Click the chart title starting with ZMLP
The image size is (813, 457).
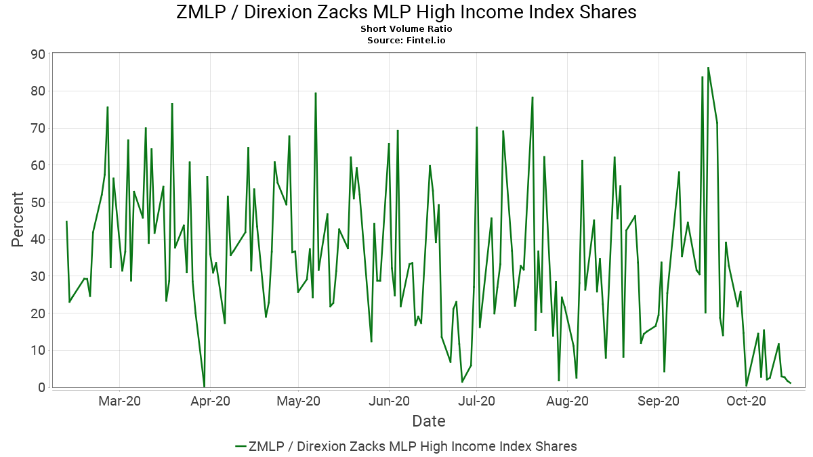(x=406, y=12)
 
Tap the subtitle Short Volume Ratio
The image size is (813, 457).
(x=406, y=29)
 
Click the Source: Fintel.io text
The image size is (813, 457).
(x=406, y=40)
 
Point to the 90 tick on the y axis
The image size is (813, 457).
(x=38, y=54)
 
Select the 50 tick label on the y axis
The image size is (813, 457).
(x=38, y=202)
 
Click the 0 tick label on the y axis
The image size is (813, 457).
(x=42, y=387)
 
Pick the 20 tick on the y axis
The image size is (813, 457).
(x=38, y=313)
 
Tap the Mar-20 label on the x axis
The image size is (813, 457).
(x=119, y=401)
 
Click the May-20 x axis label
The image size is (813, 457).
(x=298, y=401)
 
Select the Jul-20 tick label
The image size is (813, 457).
(x=476, y=401)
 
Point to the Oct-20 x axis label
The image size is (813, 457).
(x=746, y=401)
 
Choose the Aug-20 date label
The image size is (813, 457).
(x=567, y=401)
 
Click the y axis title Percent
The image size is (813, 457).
(x=17, y=220)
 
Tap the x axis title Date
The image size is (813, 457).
(x=429, y=421)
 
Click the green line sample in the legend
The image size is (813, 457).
(x=241, y=446)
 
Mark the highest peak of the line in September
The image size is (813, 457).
(x=708, y=68)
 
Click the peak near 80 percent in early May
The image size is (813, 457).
(x=316, y=93)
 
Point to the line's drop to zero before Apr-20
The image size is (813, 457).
(x=205, y=387)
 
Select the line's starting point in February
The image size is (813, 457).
(x=66, y=221)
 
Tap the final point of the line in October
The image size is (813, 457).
(x=791, y=383)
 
